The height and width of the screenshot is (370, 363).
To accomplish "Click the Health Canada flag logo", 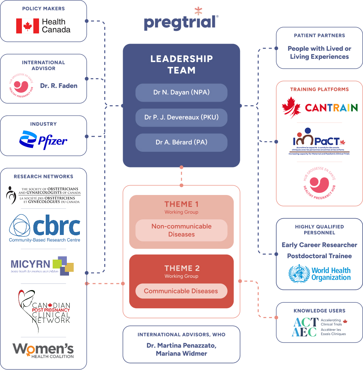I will [x=27, y=26].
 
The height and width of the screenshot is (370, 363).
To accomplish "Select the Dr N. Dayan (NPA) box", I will [x=181, y=93].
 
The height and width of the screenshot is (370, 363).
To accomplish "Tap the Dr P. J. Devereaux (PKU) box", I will [x=181, y=117].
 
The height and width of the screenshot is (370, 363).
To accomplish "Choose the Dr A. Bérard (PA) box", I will [x=181, y=142].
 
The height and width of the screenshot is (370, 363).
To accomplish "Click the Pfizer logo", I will [x=43, y=140].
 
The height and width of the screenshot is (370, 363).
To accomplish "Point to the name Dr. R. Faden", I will [x=59, y=86].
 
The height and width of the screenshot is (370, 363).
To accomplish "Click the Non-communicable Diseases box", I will [x=181, y=230].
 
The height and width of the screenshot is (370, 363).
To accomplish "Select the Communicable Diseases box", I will [x=181, y=291].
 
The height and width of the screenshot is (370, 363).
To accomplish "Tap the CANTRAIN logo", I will [x=319, y=107].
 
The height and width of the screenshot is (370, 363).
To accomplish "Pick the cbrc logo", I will [x=44, y=228].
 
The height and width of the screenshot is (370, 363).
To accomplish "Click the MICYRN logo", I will [x=42, y=265].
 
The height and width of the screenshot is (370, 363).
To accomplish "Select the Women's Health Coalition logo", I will [x=43, y=350].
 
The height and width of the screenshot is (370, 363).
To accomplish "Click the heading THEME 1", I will [x=181, y=204].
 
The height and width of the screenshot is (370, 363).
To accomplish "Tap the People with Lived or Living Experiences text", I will [x=319, y=53].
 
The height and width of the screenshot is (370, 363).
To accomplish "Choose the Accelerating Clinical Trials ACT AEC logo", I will [x=319, y=327].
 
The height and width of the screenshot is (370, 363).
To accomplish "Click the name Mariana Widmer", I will [x=181, y=353].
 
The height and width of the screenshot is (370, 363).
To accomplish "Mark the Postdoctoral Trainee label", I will [x=319, y=256].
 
